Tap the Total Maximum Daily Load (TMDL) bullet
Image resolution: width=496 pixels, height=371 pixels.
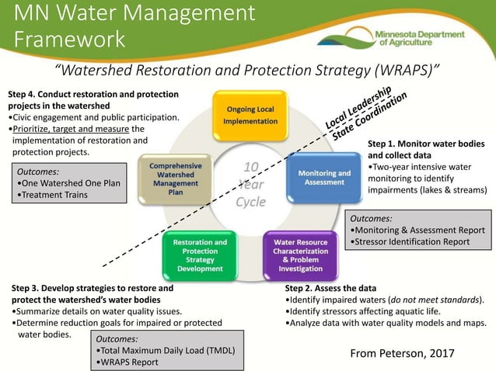(164, 350)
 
